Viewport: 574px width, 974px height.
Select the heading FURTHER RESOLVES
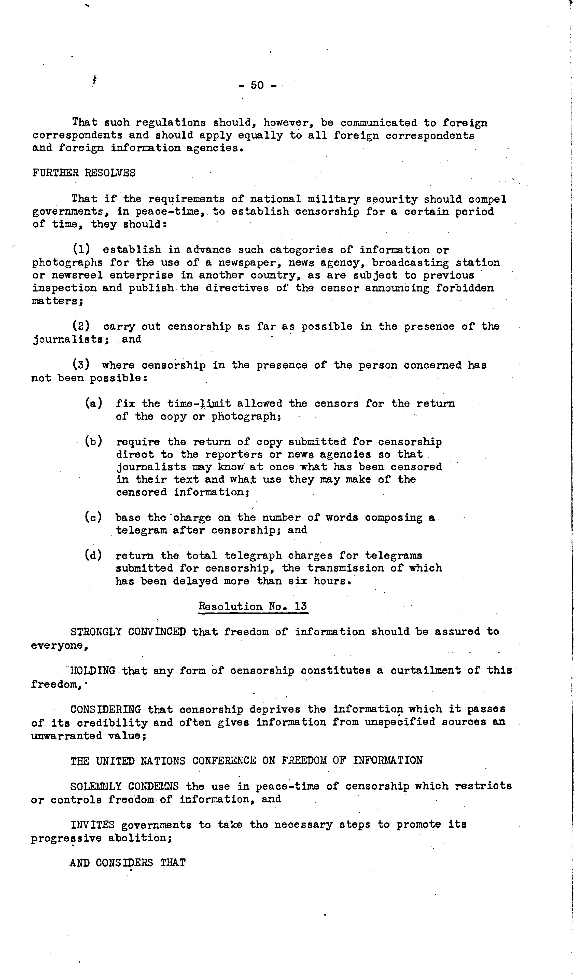coord(84,173)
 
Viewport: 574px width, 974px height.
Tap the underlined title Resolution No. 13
coord(253,607)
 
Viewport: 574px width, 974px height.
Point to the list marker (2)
coord(81,326)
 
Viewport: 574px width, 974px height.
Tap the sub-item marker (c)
coord(94,517)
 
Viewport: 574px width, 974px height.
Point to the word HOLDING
coord(93,670)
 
